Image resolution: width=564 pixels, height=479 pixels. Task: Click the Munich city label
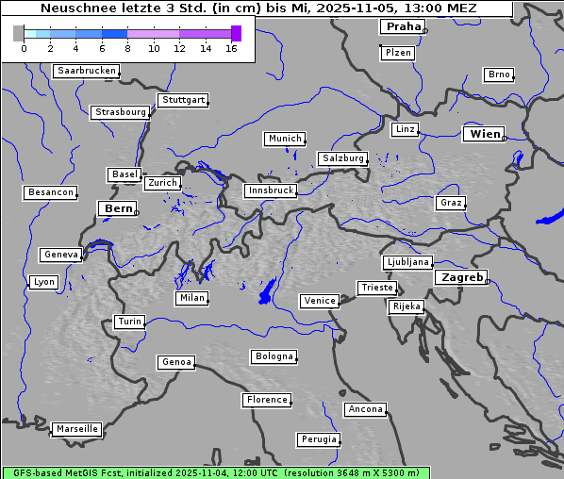click(x=285, y=139)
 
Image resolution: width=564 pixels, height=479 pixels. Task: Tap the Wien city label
click(x=486, y=135)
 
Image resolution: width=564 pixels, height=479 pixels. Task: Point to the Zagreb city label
click(x=461, y=278)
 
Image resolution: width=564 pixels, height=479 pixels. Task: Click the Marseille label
click(x=76, y=429)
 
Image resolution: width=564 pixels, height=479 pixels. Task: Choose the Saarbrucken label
click(x=87, y=71)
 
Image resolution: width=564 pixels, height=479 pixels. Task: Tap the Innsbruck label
click(x=270, y=190)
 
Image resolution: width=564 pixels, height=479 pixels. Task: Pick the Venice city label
click(x=320, y=301)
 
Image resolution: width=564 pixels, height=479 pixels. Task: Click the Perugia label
click(x=318, y=439)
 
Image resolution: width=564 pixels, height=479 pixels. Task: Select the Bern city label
click(x=119, y=208)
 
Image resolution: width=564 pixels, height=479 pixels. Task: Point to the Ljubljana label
click(x=407, y=262)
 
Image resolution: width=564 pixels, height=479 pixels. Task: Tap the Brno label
click(x=499, y=74)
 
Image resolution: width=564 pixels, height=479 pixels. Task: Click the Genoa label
click(x=176, y=362)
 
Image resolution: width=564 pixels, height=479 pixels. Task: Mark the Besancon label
click(x=51, y=192)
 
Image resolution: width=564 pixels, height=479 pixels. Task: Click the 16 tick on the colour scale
click(x=231, y=48)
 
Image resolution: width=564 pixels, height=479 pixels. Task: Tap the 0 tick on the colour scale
click(x=24, y=48)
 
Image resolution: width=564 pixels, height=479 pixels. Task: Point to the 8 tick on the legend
click(x=127, y=48)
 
